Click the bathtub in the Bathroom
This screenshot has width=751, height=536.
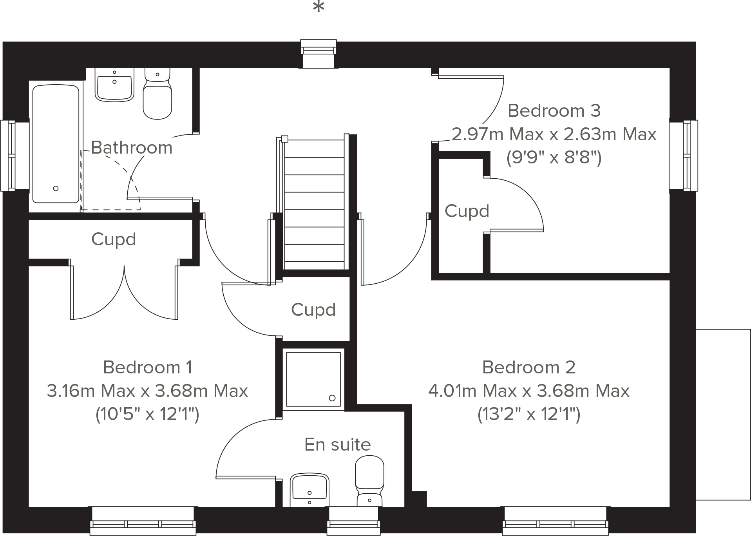tap(56, 144)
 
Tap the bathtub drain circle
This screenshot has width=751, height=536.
tap(56, 188)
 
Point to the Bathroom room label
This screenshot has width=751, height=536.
tap(132, 148)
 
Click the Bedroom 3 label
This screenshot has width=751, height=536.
tap(554, 111)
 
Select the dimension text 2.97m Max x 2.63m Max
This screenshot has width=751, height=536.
tap(554, 134)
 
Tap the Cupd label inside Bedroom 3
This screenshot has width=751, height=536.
tap(467, 211)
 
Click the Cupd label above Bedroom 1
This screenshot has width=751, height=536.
tap(113, 239)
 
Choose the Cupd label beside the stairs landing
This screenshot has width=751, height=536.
tap(313, 310)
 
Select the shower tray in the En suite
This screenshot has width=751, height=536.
tap(313, 379)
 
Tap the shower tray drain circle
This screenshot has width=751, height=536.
tap(332, 398)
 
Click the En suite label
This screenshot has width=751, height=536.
tap(337, 445)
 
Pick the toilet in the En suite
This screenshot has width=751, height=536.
tap(369, 480)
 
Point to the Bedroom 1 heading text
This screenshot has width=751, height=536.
tap(147, 368)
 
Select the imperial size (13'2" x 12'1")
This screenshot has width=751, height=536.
tap(528, 414)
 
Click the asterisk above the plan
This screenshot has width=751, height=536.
tap(318, 7)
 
